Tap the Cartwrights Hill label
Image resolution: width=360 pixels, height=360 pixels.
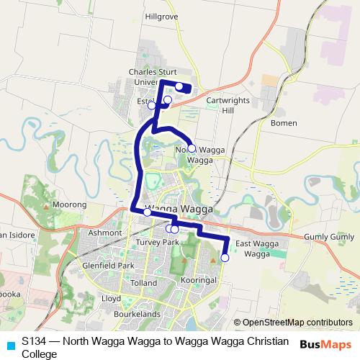225,105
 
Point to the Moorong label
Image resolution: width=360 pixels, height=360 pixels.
70,204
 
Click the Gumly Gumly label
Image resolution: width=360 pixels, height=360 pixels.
330,237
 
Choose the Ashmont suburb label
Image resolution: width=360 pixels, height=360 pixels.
105,233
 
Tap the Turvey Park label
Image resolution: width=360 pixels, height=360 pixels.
156,243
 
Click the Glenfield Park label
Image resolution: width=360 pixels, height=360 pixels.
108,266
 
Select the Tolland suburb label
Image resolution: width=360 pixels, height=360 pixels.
144,283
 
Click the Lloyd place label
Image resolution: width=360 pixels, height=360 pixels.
111,297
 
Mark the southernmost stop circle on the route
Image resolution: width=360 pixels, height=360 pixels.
225,257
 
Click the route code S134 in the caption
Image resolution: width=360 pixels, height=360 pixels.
33,341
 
